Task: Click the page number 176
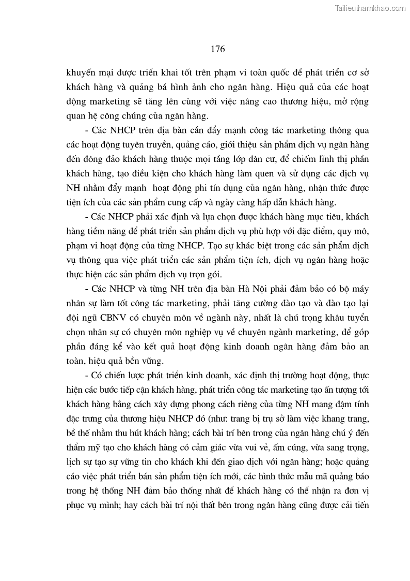218,49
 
